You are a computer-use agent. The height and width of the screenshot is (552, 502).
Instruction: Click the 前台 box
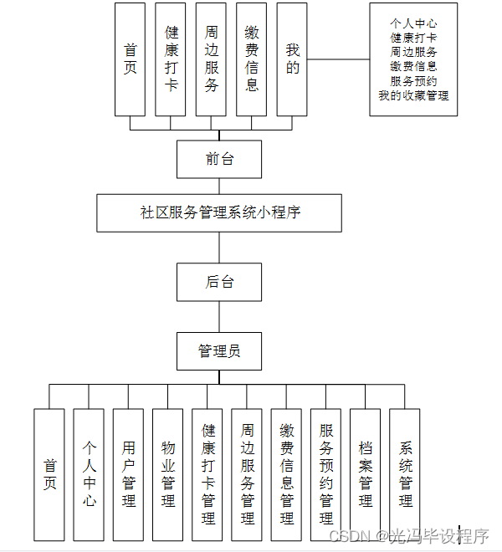point(219,159)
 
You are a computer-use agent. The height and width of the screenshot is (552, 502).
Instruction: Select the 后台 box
point(219,282)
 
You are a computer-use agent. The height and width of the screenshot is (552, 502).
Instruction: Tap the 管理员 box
point(219,351)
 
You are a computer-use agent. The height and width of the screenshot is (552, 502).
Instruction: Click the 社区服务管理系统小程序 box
point(219,212)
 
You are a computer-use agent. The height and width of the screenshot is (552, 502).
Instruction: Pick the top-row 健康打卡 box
point(171,59)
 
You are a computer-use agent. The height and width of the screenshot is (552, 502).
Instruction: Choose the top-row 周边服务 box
point(211,59)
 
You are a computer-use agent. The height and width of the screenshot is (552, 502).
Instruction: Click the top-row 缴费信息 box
point(251,59)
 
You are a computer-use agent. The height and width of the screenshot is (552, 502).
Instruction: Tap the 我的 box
point(292,59)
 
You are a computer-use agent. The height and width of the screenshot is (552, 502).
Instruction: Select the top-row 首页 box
point(131,59)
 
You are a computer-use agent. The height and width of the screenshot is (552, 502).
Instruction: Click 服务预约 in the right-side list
point(413,81)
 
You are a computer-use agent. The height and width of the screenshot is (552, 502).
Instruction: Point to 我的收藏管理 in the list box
point(413,95)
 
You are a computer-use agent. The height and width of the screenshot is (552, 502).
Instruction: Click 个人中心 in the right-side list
point(413,23)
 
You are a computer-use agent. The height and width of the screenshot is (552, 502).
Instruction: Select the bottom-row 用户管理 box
point(128,474)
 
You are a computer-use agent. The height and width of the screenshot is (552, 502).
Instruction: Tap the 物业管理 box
point(168,474)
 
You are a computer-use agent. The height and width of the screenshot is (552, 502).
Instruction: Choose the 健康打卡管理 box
point(207,474)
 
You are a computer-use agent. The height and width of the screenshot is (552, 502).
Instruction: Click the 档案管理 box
point(365,474)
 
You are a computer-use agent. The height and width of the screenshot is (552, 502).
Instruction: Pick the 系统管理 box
point(405,474)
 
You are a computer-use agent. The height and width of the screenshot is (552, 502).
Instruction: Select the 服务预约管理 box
point(325,474)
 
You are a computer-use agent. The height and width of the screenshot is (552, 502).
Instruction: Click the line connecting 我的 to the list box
point(338,59)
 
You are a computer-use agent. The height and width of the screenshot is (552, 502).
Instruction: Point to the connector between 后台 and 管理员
point(219,317)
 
